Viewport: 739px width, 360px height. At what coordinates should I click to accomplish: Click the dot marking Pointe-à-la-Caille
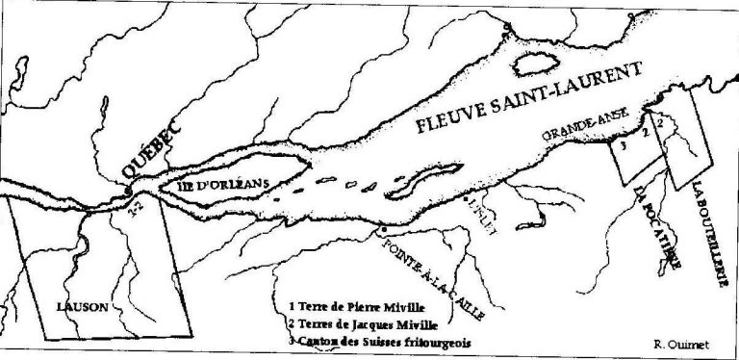[x=383, y=228]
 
